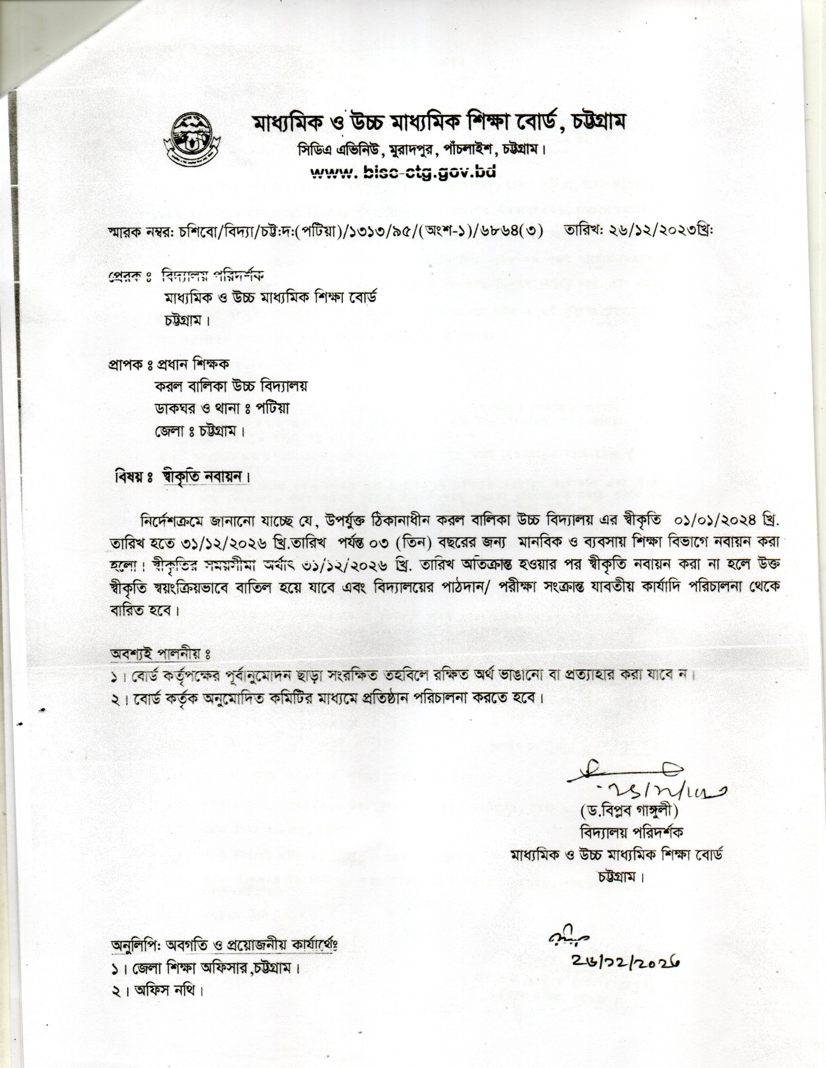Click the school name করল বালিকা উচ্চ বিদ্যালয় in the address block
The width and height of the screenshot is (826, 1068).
click(231, 386)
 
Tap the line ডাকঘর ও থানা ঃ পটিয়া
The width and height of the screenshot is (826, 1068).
click(222, 408)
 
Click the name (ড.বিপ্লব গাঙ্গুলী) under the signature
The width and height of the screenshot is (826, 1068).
click(629, 810)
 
